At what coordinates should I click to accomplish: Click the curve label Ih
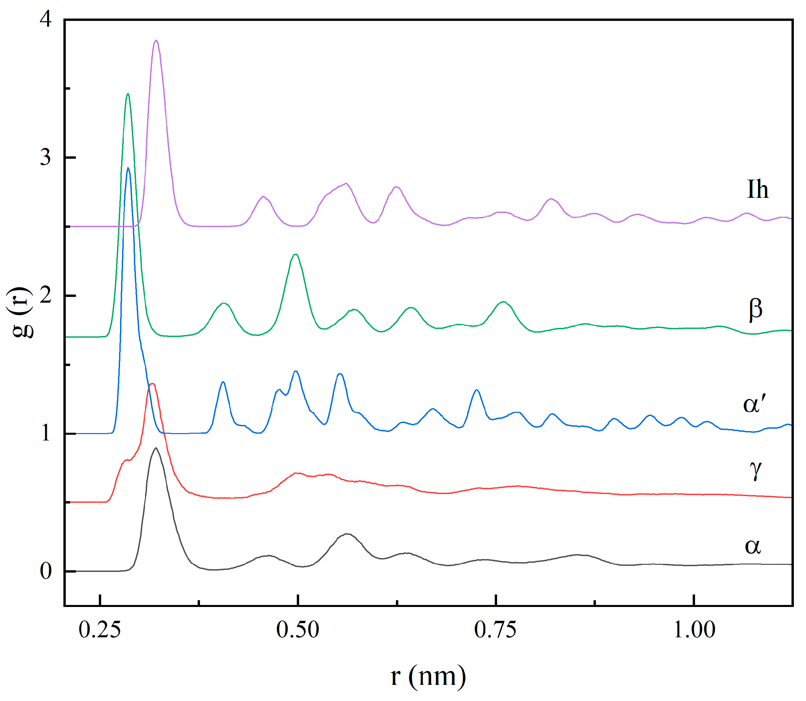tap(757, 190)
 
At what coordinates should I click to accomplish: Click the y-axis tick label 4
tap(46, 19)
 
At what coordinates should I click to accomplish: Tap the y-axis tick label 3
tap(46, 157)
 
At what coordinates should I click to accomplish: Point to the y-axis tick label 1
tap(46, 433)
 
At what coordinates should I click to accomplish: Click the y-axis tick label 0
tap(46, 571)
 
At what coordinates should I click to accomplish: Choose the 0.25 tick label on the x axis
tap(100, 630)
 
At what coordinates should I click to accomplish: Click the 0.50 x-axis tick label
tap(297, 630)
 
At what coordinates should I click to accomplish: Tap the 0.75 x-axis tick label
tap(495, 630)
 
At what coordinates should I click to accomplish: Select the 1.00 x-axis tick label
tap(694, 630)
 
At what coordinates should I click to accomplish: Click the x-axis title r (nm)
tap(428, 676)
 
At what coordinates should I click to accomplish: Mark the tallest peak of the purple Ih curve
tap(156, 41)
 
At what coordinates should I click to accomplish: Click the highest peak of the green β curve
tap(127, 94)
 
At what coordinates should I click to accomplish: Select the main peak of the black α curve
tap(156, 448)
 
